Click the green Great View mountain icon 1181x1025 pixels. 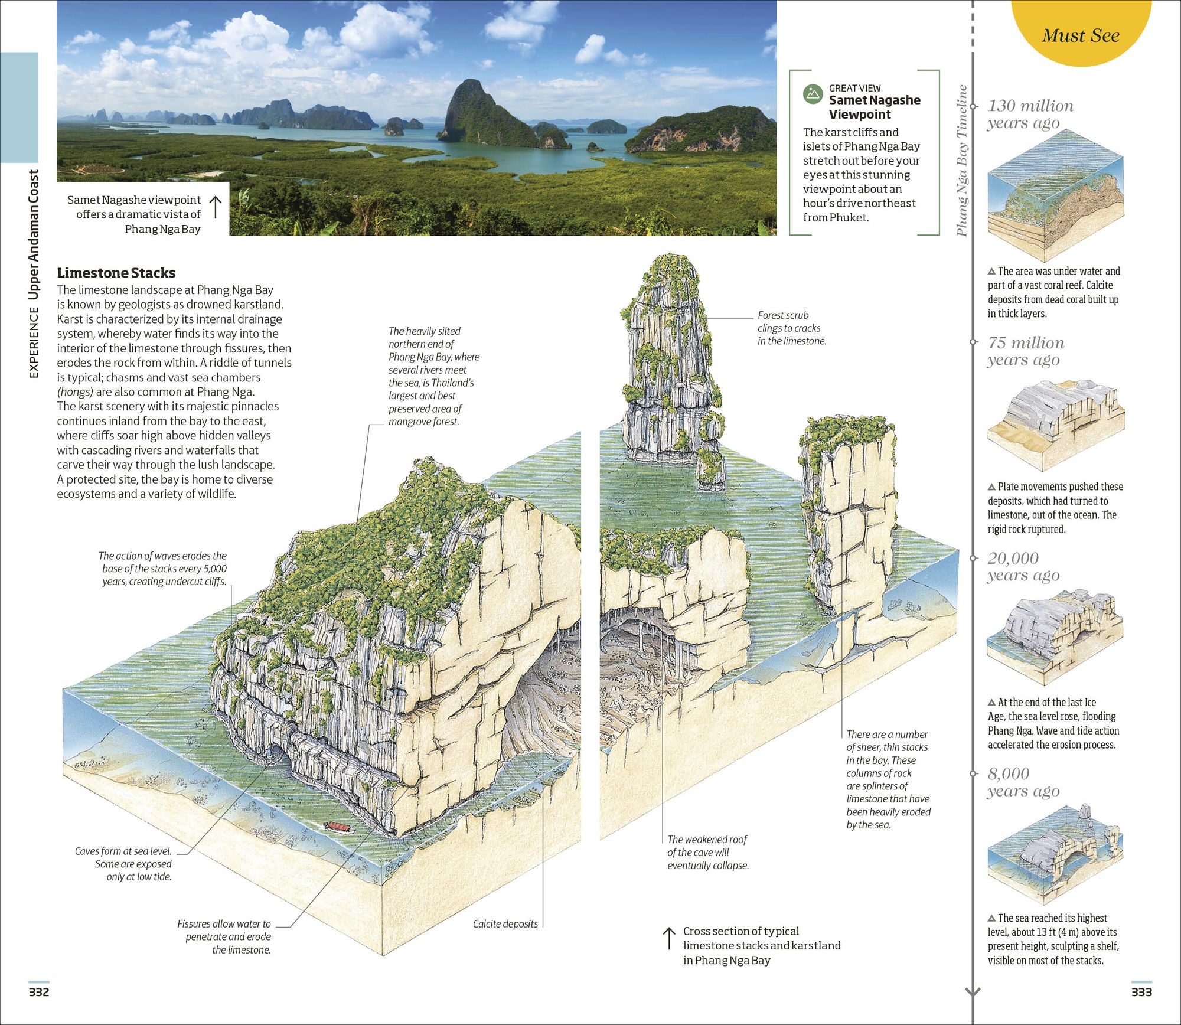pos(813,94)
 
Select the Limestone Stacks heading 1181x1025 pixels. pos(116,273)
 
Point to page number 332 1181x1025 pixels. pos(39,992)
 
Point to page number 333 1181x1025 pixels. pos(1141,992)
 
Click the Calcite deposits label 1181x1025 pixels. pos(505,924)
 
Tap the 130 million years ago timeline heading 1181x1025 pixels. pos(1030,114)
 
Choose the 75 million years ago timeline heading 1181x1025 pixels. pos(1026,351)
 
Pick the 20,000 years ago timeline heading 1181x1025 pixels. pos(1023,566)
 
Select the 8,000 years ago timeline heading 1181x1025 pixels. pos(1023,782)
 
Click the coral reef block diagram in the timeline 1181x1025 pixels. pos(1055,195)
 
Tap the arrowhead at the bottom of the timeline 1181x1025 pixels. pos(973,993)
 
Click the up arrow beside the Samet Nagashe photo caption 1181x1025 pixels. pos(216,207)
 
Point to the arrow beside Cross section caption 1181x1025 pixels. pos(669,938)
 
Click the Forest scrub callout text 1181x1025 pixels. pos(791,328)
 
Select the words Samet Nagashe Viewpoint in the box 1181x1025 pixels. pos(874,107)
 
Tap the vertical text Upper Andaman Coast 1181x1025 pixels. pos(34,236)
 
